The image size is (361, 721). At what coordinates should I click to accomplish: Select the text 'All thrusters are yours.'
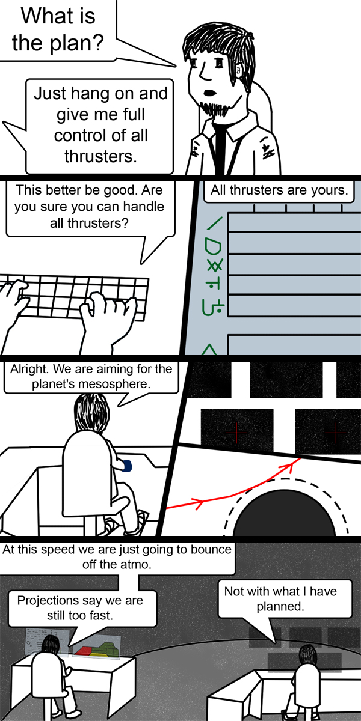[279, 191]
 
